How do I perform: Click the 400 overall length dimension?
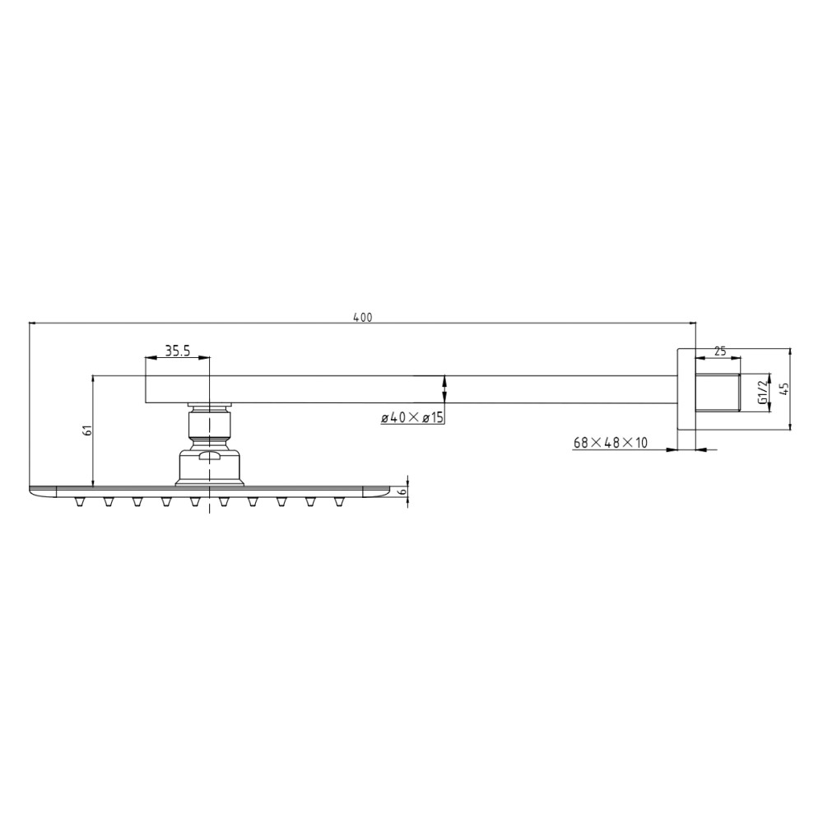point(362,318)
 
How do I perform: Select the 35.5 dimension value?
point(178,351)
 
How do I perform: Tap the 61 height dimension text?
point(88,430)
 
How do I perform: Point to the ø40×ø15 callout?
point(412,418)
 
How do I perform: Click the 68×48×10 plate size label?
point(611,443)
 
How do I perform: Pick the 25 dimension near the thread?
point(720,351)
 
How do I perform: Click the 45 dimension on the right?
point(784,389)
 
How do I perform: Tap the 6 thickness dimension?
point(402,491)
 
